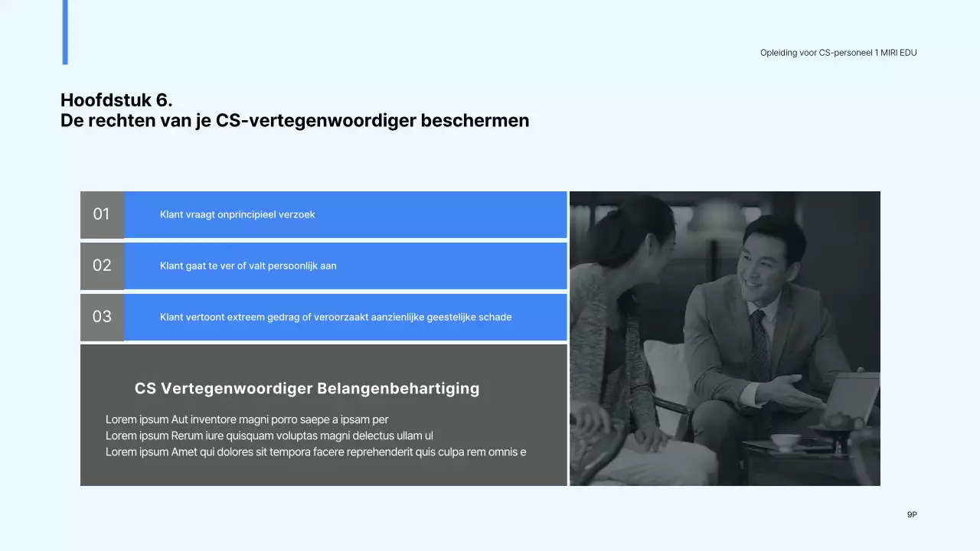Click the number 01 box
coord(102,214)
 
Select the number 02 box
coord(102,266)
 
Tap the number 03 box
coord(102,317)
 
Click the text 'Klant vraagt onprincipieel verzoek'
coord(237,214)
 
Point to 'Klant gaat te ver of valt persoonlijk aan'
coord(248,266)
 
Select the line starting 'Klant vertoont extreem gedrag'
coord(335,317)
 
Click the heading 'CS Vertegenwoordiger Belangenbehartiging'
coord(307,389)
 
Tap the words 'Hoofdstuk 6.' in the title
coord(116,100)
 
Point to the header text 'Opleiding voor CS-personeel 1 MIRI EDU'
coord(838,53)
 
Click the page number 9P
coord(912,515)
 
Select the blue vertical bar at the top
coord(65,32)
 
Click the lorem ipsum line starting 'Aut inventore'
coord(247,419)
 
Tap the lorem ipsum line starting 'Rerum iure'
coord(269,435)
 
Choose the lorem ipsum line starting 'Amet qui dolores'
coord(315,452)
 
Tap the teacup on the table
coord(785,442)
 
